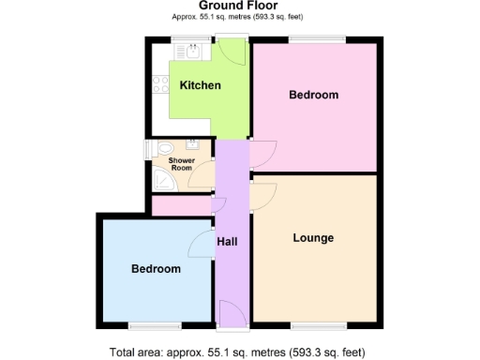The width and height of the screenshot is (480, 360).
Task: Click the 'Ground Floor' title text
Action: (238, 6)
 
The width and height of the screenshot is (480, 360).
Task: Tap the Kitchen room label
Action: (201, 85)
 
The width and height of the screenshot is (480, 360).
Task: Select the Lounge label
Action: (313, 238)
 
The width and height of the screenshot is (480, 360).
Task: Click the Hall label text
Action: (227, 242)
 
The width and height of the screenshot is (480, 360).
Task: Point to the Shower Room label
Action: (181, 164)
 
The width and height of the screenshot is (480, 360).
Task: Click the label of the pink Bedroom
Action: (313, 96)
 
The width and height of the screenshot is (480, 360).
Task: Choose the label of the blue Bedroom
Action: (156, 269)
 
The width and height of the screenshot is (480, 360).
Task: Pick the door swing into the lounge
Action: (262, 196)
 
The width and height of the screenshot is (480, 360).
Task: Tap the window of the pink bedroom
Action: (316, 38)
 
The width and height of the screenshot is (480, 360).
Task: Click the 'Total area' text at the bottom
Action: (238, 352)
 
